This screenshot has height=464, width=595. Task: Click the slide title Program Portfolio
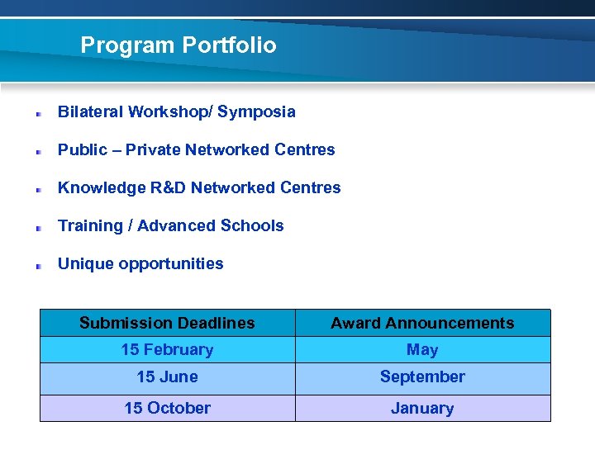click(178, 45)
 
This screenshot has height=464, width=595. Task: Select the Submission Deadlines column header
click(167, 323)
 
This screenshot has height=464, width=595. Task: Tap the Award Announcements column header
click(422, 323)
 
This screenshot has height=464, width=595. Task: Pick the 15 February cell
click(167, 349)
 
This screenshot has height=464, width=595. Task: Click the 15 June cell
click(167, 376)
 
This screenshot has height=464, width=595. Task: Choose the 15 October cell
click(167, 408)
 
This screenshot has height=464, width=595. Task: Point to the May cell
click(422, 349)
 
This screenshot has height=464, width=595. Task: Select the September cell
click(422, 376)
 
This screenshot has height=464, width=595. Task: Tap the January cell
click(422, 408)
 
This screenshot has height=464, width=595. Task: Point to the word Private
click(153, 149)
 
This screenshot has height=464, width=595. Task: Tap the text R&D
click(168, 187)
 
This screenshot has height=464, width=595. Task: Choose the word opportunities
click(171, 264)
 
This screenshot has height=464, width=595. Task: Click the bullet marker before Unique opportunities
click(38, 266)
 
